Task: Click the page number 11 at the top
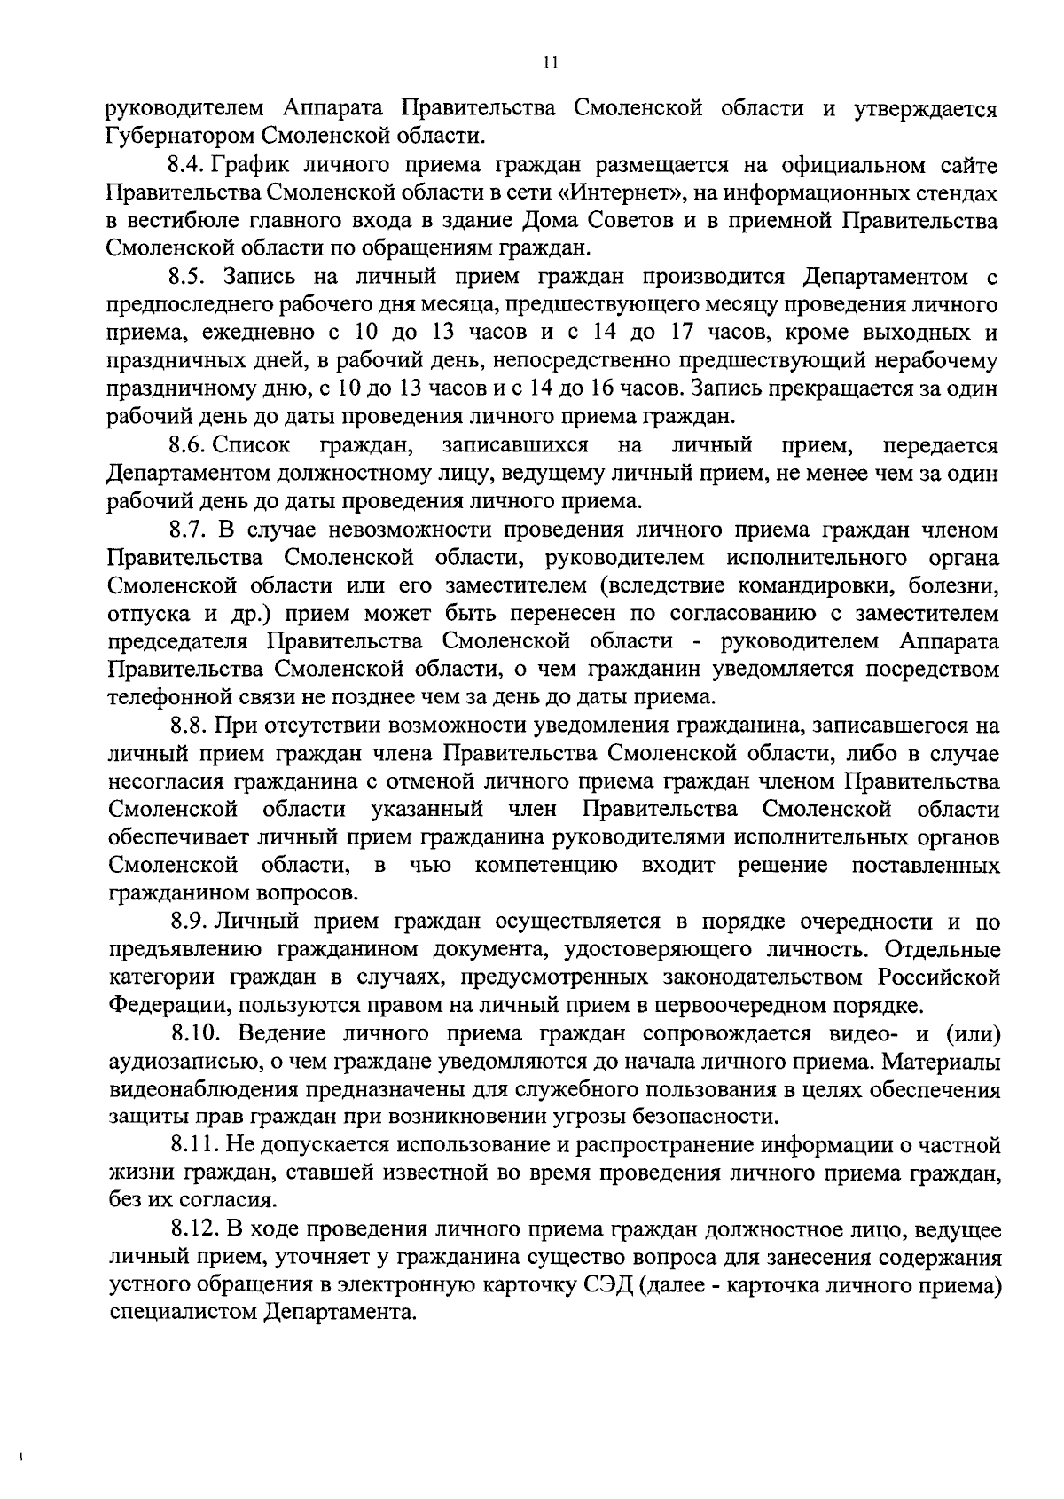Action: [550, 63]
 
